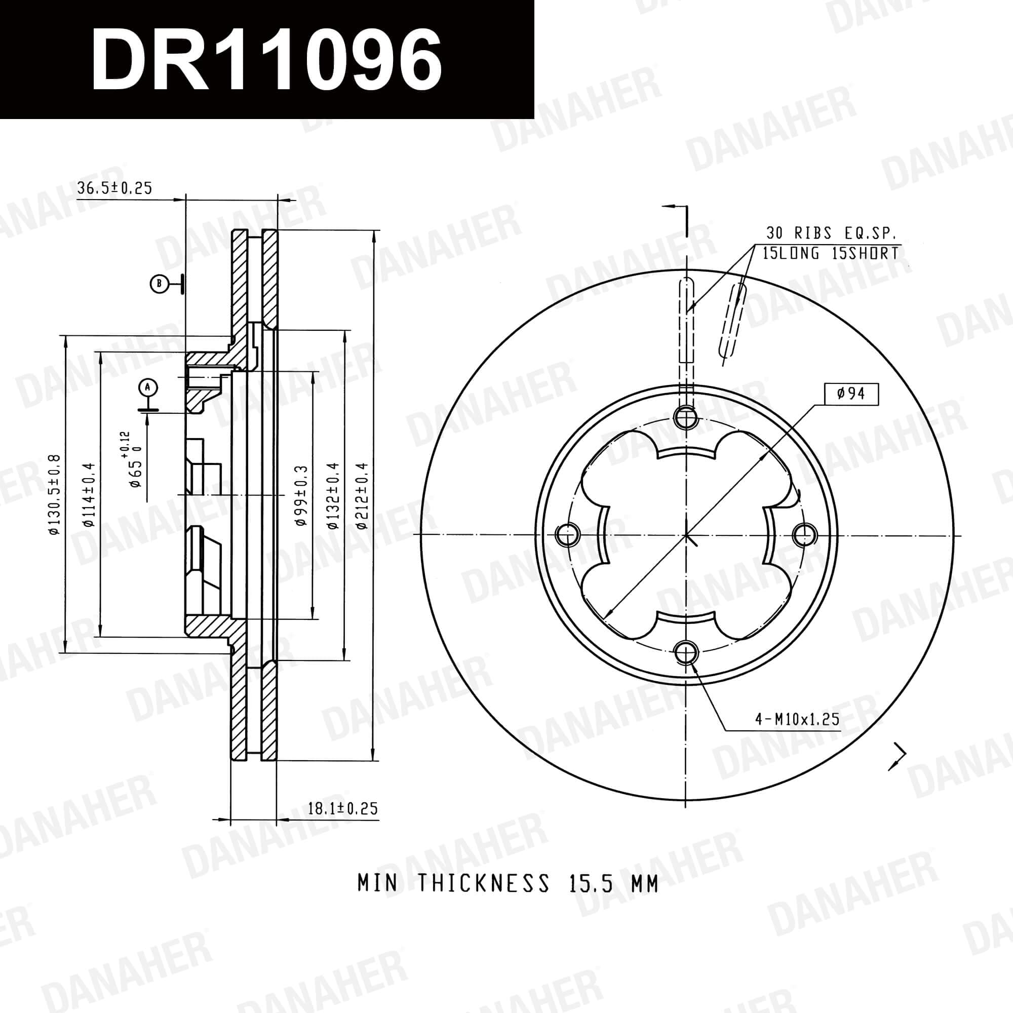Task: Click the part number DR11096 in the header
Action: coord(266,59)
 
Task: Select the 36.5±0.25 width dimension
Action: coord(114,188)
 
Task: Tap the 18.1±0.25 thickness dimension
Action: coord(342,808)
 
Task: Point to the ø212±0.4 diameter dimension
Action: coord(361,495)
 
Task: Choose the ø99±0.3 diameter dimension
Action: coord(300,495)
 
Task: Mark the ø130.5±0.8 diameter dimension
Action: coord(55,495)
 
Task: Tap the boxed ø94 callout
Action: coord(850,394)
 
